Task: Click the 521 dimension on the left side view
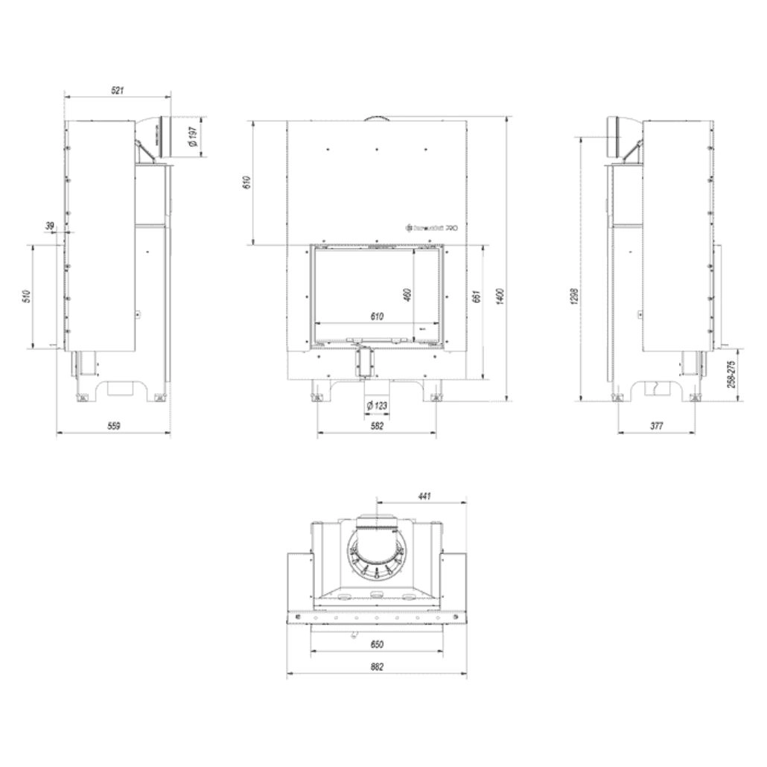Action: [x=117, y=90]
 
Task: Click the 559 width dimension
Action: [x=113, y=426]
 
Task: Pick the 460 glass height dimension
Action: [x=407, y=295]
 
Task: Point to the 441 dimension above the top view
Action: [x=424, y=494]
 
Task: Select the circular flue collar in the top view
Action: [x=377, y=551]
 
